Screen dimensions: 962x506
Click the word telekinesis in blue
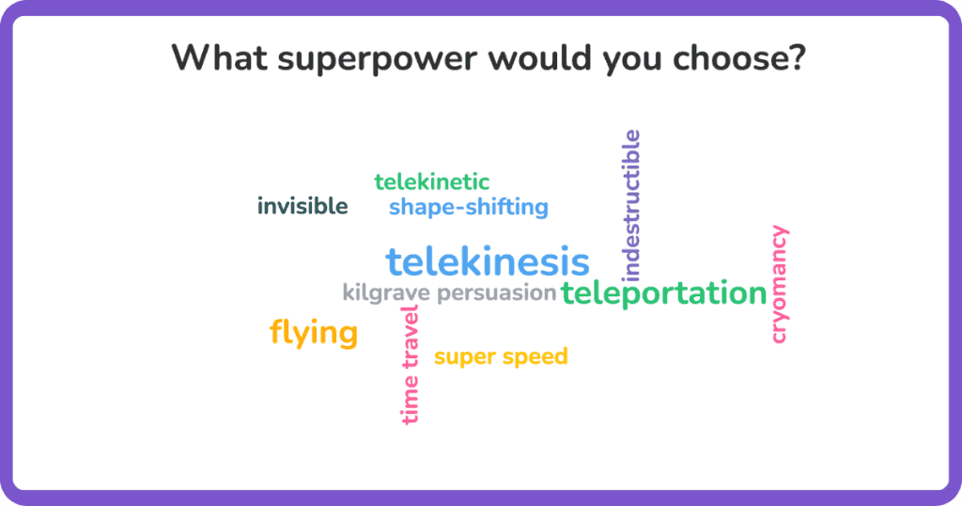click(x=488, y=261)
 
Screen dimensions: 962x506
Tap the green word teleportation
click(x=664, y=293)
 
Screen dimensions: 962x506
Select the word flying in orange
click(x=314, y=333)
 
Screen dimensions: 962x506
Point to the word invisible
click(x=303, y=206)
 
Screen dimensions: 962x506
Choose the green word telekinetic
click(x=432, y=182)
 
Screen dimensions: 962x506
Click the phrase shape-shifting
click(x=469, y=208)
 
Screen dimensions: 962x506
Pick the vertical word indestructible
click(x=630, y=206)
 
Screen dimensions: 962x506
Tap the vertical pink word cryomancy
click(x=779, y=284)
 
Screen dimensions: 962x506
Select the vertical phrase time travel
click(x=410, y=365)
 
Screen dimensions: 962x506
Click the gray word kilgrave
click(x=386, y=293)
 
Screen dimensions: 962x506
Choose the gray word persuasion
click(x=497, y=293)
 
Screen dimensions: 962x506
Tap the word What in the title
click(x=220, y=57)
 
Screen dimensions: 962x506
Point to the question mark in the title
click(x=797, y=57)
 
